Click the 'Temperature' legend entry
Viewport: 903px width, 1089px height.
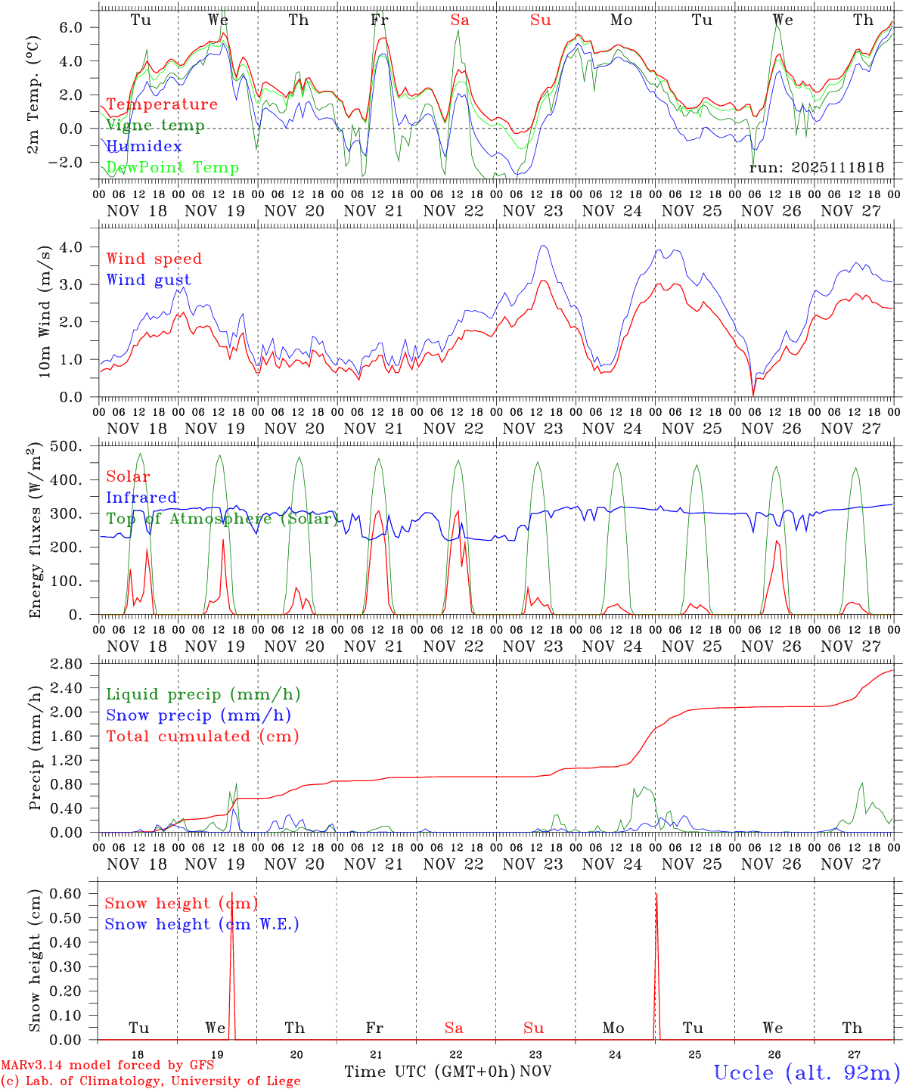click(162, 104)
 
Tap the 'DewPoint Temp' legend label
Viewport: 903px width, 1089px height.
click(172, 167)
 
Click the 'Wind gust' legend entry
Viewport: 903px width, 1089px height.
click(148, 280)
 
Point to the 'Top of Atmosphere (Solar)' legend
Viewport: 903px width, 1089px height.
click(222, 519)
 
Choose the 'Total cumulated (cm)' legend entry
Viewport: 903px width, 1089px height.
click(203, 736)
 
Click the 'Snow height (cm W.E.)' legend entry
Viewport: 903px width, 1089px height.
click(202, 924)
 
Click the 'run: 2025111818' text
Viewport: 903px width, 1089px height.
click(817, 168)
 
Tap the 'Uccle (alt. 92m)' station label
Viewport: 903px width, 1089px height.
click(807, 1072)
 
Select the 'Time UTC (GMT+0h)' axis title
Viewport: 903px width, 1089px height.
click(430, 1072)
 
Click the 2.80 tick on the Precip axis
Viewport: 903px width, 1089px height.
click(76, 664)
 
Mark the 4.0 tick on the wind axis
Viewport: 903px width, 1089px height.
click(80, 247)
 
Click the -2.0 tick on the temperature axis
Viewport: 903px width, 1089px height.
click(76, 163)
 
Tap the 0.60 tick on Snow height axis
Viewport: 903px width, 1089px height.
click(76, 893)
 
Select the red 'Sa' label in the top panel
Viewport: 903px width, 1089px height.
click(460, 20)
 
